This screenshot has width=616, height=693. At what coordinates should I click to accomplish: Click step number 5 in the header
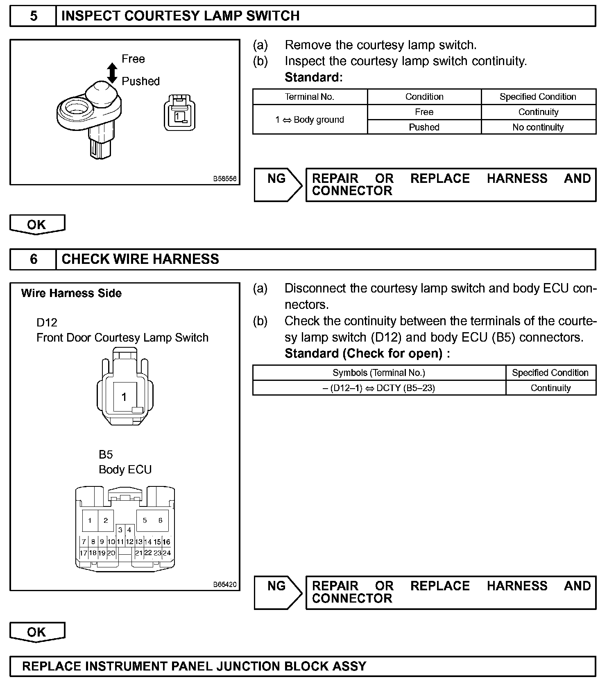pyautogui.click(x=33, y=16)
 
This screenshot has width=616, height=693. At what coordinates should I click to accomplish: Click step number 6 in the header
pyautogui.click(x=33, y=259)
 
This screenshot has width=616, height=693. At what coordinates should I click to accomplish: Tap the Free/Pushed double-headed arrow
pyautogui.click(x=112, y=73)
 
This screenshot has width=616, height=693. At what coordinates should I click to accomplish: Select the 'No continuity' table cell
pyautogui.click(x=538, y=127)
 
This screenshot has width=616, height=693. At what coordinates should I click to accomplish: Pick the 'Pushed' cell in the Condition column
pyautogui.click(x=424, y=127)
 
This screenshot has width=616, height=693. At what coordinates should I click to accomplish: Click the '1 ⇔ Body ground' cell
pyautogui.click(x=310, y=119)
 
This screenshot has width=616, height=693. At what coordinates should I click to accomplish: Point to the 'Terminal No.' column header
pyautogui.click(x=310, y=97)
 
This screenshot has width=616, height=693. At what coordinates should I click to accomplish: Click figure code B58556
pyautogui.click(x=224, y=179)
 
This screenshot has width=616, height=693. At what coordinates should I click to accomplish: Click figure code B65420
pyautogui.click(x=224, y=585)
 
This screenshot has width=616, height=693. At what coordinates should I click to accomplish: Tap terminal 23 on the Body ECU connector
pyautogui.click(x=157, y=553)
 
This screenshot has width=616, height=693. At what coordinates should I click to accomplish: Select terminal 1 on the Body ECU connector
pyautogui.click(x=90, y=520)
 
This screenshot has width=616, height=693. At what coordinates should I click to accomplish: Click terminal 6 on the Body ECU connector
pyautogui.click(x=160, y=520)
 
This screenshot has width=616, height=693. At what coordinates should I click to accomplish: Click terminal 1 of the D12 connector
pyautogui.click(x=124, y=396)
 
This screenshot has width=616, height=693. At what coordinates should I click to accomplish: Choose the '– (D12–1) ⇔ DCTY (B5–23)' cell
pyautogui.click(x=379, y=388)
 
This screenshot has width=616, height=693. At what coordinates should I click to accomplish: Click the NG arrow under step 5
pyautogui.click(x=278, y=185)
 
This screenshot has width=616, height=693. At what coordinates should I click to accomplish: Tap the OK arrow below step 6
pyautogui.click(x=37, y=632)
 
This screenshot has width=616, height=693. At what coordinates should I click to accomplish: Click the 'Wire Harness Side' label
pyautogui.click(x=71, y=293)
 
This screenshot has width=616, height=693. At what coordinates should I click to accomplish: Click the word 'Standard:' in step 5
pyautogui.click(x=313, y=77)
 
